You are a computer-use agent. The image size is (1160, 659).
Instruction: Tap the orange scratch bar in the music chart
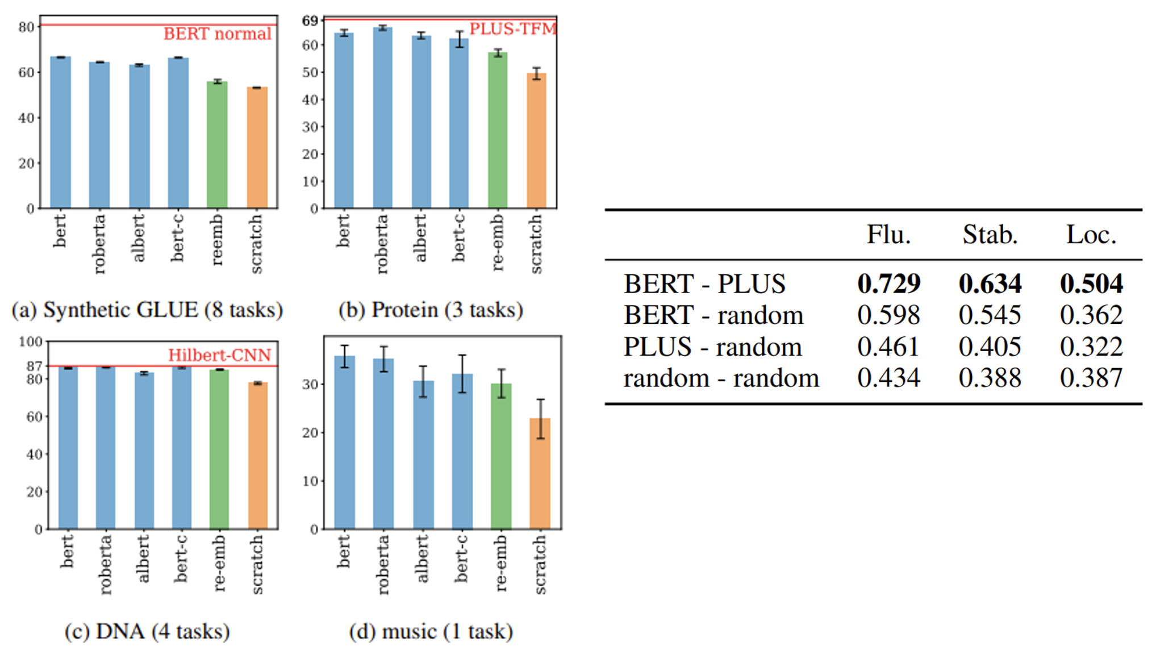540,474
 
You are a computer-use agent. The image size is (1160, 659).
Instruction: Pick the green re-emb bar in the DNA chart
219,449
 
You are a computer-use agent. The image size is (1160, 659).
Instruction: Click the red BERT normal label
217,34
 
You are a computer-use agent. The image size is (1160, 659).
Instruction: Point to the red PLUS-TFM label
512,28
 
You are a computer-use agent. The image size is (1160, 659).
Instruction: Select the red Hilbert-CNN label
219,355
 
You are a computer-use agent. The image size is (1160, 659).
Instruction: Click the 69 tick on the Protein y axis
310,21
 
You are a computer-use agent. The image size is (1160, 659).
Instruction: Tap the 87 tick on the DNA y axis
34,366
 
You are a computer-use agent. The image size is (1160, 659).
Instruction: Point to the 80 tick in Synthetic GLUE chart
26,27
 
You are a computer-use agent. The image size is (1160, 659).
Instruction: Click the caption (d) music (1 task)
431,631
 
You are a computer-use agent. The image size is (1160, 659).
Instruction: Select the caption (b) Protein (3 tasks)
431,310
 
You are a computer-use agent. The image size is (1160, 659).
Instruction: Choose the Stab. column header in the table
990,235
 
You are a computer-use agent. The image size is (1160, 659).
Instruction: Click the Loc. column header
1091,235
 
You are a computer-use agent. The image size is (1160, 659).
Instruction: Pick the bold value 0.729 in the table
888,283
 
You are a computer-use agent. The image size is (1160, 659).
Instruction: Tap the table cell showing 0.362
1091,315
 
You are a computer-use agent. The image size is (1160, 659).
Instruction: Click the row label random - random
721,378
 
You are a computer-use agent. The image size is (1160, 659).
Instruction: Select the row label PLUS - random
712,347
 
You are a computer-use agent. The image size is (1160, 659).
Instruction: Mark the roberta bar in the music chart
383,443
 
